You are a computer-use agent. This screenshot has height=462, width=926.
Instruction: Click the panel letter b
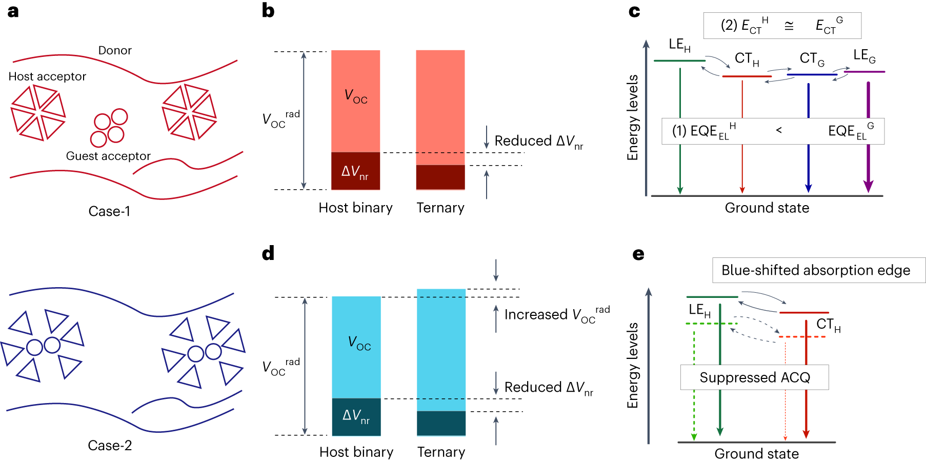tap(268, 11)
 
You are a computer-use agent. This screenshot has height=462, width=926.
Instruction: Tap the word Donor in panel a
tap(115, 50)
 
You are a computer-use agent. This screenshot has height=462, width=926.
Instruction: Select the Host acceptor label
tap(47, 76)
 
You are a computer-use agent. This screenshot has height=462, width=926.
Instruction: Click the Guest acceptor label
tap(108, 156)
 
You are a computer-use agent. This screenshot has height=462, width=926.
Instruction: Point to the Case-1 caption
tap(109, 211)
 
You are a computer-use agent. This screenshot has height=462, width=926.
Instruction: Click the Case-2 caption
tap(110, 445)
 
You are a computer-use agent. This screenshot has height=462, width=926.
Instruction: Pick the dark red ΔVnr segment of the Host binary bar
tap(355, 171)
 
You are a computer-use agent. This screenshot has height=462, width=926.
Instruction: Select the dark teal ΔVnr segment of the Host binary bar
tap(356, 416)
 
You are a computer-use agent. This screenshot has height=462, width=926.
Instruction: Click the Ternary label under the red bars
tap(440, 208)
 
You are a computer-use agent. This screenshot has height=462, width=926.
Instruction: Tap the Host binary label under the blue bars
tap(356, 452)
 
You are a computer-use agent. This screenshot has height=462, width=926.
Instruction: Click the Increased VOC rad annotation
tap(557, 314)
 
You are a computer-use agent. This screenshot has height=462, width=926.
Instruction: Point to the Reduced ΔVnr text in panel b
tap(538, 142)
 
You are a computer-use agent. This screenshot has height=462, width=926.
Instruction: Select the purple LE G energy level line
tap(864, 72)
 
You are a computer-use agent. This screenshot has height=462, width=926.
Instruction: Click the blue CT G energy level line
tap(812, 75)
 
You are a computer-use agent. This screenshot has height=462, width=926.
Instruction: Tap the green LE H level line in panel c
tap(679, 61)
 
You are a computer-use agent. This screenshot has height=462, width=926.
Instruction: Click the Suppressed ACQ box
tap(754, 377)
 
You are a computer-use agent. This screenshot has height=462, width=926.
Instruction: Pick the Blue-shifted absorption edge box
tap(816, 270)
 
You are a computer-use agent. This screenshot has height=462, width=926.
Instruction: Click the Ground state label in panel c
tap(767, 208)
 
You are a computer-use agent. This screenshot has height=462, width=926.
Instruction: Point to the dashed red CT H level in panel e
tap(802, 337)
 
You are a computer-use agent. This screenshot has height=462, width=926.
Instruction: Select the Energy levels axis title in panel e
tap(633, 365)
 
